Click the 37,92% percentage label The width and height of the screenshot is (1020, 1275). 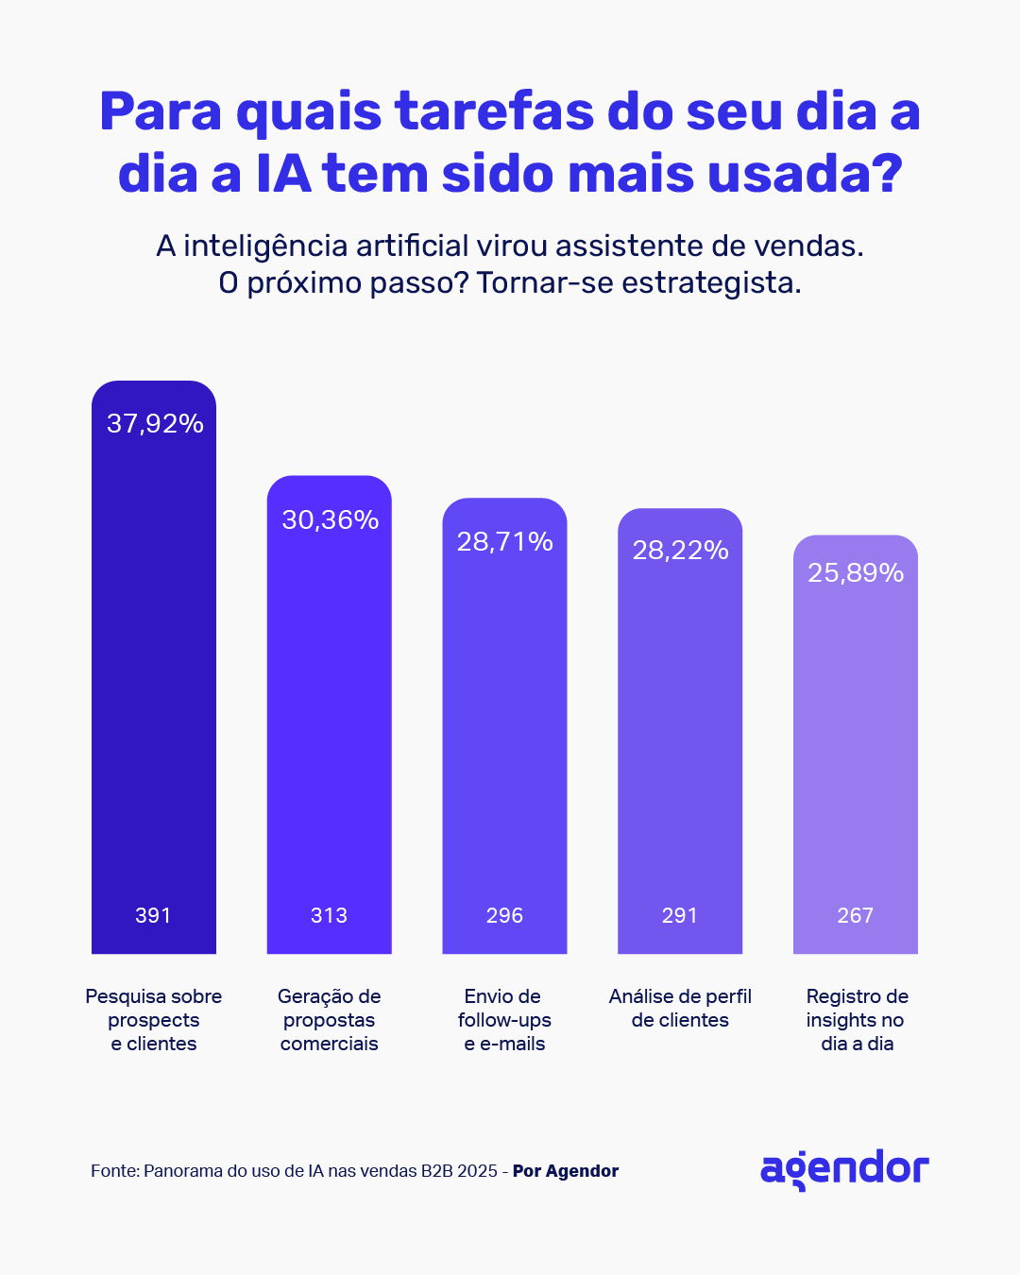point(155,423)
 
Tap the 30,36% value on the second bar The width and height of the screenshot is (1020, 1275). point(330,519)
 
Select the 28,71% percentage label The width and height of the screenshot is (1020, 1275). point(504,541)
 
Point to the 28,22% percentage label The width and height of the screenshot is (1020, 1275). point(680,550)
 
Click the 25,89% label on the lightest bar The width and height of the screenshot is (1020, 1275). point(856,572)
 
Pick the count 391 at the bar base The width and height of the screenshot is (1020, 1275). point(153,915)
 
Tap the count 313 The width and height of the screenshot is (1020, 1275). point(329,915)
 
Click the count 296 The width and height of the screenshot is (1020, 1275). point(504,915)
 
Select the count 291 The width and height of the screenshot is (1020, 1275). point(680,915)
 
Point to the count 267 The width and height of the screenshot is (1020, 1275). point(856,915)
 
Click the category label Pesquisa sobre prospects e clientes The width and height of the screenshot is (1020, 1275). point(154,1020)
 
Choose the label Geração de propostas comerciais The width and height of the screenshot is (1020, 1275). point(329,1020)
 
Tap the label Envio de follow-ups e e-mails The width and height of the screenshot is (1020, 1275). point(504,1020)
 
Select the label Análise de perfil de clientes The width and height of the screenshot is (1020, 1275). point(680,1008)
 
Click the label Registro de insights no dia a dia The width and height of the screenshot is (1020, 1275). point(857,1020)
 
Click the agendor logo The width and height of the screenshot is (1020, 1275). point(844,1169)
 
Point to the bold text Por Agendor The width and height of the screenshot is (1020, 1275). point(565,1171)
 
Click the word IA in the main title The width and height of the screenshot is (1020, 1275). point(283,174)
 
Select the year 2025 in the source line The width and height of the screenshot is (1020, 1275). point(477,1171)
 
